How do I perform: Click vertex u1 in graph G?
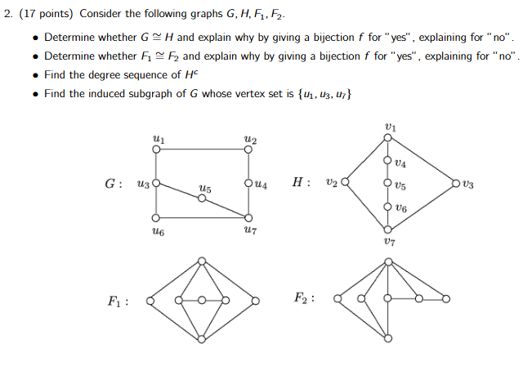156,150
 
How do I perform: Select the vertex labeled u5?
202,198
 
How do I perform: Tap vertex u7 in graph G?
248,217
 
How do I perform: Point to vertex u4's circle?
248,183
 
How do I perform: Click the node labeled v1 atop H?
387,137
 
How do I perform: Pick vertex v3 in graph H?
456,184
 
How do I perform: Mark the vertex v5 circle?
387,183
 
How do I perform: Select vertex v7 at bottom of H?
387,230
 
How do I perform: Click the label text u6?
158,231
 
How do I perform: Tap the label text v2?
332,183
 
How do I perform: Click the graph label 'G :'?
114,184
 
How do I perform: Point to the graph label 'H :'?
301,182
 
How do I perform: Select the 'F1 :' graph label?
118,301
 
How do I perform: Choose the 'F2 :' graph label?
304,298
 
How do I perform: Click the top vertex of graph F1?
202,261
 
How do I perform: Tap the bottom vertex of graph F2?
388,338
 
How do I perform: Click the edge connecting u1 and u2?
202,150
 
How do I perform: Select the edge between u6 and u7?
202,217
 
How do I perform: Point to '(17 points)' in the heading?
46,14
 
